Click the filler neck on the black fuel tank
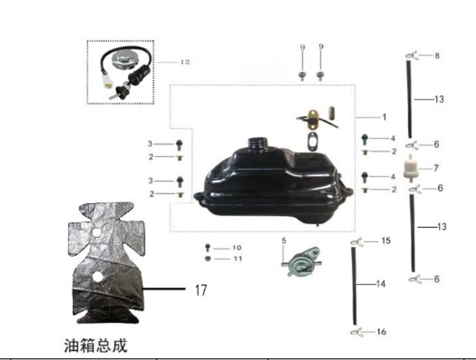click(256, 143)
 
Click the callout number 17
click(201, 290)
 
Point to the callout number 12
click(185, 62)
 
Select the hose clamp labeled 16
click(356, 331)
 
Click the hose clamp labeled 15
click(356, 242)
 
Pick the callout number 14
click(381, 284)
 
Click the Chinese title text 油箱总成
click(96, 345)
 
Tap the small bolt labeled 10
click(208, 247)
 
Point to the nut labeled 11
click(208, 258)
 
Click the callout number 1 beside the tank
click(384, 117)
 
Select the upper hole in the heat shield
click(96, 232)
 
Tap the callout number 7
click(435, 168)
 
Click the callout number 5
click(284, 241)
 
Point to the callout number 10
click(237, 248)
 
